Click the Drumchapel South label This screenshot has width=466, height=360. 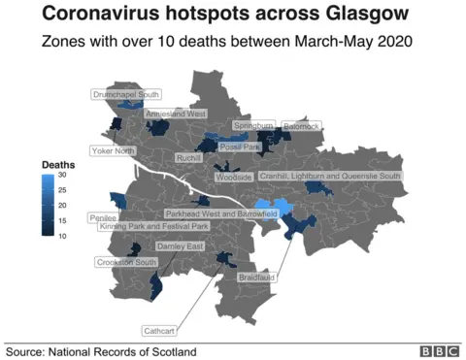[x=126, y=95]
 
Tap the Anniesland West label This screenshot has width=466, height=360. [x=176, y=114]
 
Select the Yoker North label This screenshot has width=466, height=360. [x=113, y=151]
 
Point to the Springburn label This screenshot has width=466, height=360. [x=252, y=126]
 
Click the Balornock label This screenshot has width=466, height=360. [x=301, y=126]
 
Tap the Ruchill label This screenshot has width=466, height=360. [x=188, y=157]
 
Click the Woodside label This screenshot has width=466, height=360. [x=234, y=178]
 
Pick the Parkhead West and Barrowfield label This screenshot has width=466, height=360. [x=221, y=213]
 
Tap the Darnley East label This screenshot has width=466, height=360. [x=181, y=246]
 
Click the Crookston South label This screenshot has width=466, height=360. [x=126, y=262]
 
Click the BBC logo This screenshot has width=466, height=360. [x=440, y=351]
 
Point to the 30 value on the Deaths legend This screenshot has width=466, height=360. [x=61, y=177]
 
